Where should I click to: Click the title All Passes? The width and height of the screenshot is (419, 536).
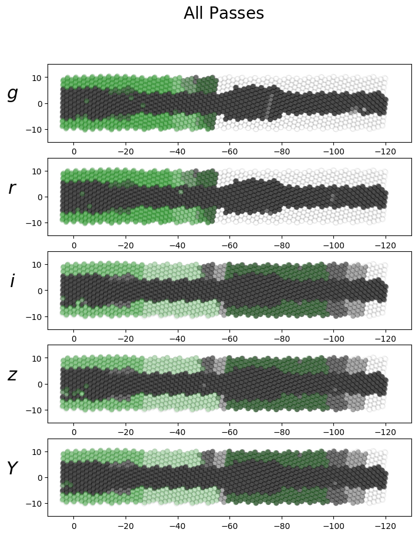point(224,14)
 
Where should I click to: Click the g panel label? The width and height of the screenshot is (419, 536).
point(12,94)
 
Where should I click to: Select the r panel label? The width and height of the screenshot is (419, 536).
point(12,188)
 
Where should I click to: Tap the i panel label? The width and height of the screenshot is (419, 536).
point(12,281)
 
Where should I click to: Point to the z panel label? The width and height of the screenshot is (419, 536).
point(12,375)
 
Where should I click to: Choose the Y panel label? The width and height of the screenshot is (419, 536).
point(12,468)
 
